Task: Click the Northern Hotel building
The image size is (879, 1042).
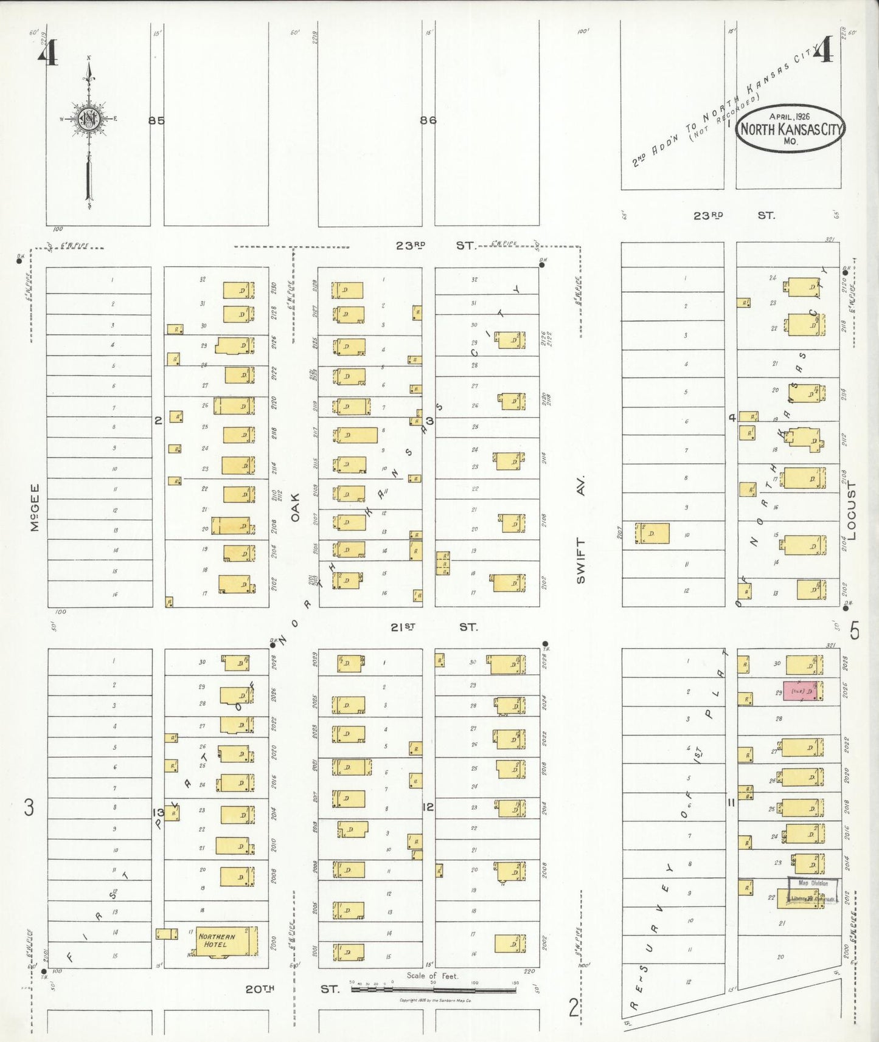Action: coord(222,941)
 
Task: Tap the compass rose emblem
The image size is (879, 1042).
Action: coord(89,119)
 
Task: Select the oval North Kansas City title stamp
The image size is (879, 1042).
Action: coord(791,128)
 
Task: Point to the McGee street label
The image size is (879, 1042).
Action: coord(35,507)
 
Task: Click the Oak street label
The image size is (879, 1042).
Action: coord(296,507)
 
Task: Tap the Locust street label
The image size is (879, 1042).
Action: coord(850,511)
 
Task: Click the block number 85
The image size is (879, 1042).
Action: coord(156,120)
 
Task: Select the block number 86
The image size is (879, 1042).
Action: coord(428,120)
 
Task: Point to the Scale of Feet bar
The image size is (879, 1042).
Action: coord(433,989)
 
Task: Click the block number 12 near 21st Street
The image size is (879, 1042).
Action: coord(428,807)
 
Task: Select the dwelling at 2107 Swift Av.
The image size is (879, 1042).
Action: coord(651,533)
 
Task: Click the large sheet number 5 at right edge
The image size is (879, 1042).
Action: coord(855,632)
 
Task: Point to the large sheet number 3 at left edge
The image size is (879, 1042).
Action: coord(29,808)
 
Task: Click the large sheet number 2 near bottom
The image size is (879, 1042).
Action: coord(574,1007)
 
